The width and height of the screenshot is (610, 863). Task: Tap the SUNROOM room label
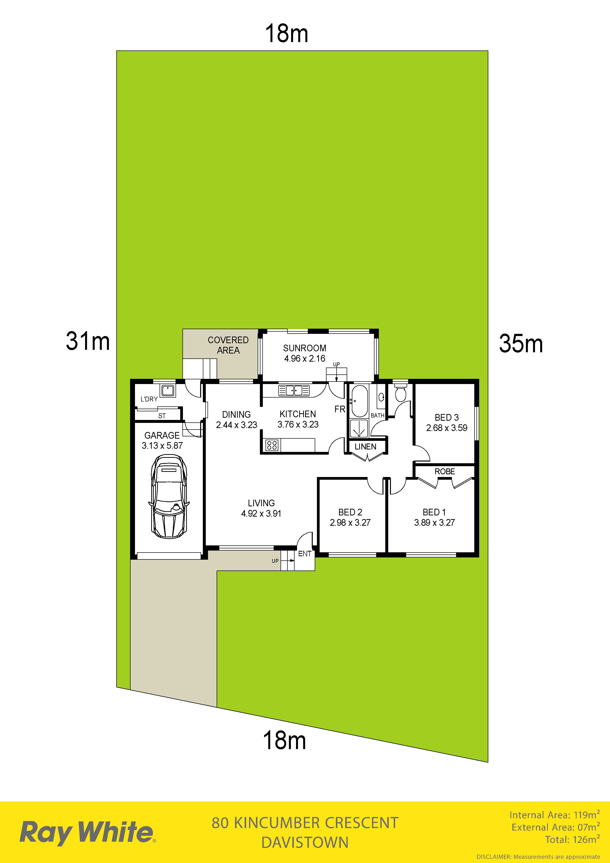coord(305,348)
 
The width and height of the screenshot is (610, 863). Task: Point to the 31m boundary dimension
coord(88,341)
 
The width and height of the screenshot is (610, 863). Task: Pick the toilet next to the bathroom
coord(401,393)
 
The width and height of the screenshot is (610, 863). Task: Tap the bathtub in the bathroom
coord(359,401)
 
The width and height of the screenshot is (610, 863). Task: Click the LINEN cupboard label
coord(365,447)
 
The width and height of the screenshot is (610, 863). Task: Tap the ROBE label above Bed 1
coord(445,471)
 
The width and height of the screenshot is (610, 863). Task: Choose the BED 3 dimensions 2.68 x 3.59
coord(446,428)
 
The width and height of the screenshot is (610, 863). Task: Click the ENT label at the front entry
coord(305,554)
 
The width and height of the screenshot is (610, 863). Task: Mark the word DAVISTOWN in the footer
coord(305,842)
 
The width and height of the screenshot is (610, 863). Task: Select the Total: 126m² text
coord(572,839)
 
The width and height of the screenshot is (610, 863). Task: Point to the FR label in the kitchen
coord(340,409)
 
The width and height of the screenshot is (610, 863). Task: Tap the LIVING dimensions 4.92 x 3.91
coord(261,513)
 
